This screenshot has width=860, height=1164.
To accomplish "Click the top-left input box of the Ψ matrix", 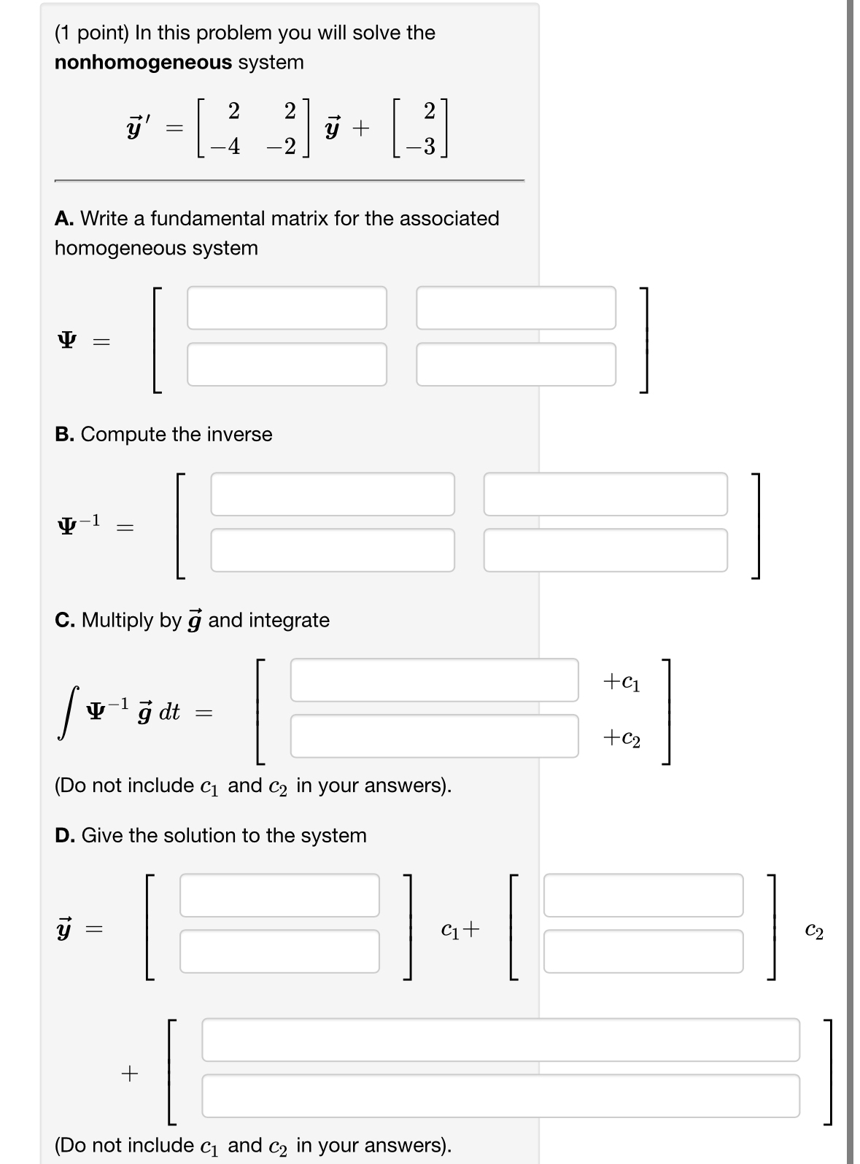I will (x=287, y=308).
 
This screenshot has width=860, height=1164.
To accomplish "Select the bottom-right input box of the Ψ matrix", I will (x=516, y=364).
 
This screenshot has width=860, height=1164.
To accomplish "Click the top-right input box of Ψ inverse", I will (x=605, y=494).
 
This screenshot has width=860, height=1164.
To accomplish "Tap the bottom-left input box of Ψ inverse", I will (x=332, y=550).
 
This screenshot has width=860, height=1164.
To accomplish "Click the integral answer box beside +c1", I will (x=434, y=680).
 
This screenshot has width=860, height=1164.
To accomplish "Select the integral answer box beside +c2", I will (x=434, y=736).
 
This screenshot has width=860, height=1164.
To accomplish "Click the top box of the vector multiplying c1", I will (x=279, y=895).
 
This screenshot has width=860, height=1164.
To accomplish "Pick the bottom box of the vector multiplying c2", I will (x=643, y=951).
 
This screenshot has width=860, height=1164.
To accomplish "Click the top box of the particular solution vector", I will (x=500, y=1039).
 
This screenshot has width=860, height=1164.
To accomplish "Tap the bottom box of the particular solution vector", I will (x=500, y=1095).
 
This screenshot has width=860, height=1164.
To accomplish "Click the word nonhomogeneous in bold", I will (x=143, y=63).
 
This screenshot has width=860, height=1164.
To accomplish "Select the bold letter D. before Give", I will (x=65, y=835).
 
